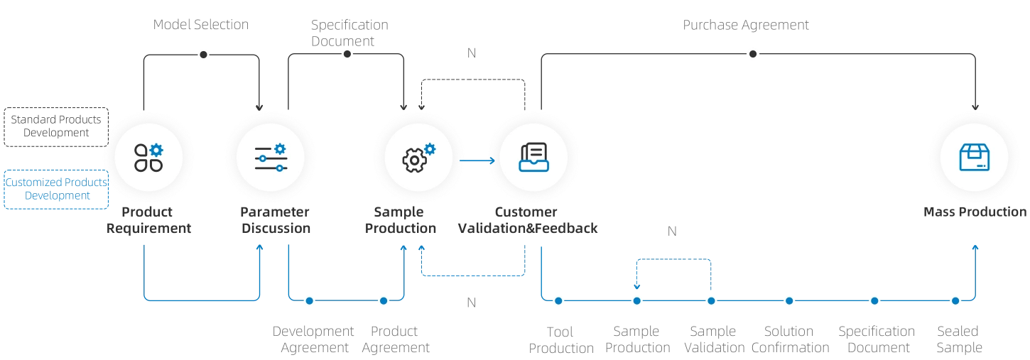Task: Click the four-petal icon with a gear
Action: click(x=148, y=157)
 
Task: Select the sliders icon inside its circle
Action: click(x=270, y=158)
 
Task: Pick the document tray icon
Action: click(x=533, y=157)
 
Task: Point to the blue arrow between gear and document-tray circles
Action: click(x=477, y=161)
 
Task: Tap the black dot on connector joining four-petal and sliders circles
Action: click(x=203, y=54)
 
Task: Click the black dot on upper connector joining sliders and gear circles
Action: click(x=347, y=54)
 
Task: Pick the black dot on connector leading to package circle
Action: click(x=753, y=54)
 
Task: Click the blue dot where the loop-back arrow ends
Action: click(x=636, y=301)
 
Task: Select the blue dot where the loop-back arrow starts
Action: click(x=711, y=301)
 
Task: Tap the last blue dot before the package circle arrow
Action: click(x=956, y=301)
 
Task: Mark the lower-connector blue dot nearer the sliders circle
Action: click(x=309, y=301)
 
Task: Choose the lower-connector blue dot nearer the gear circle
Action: click(x=384, y=301)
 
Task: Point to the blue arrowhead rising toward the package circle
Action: click(x=977, y=248)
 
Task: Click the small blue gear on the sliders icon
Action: click(x=280, y=148)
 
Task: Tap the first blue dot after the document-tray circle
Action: click(x=558, y=301)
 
